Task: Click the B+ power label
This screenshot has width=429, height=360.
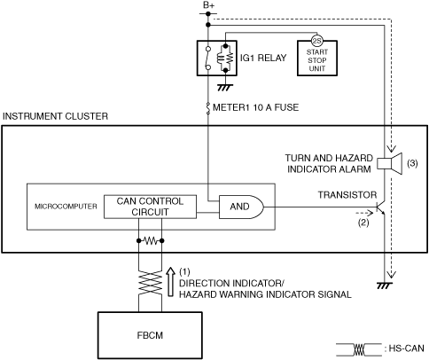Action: coord(208,5)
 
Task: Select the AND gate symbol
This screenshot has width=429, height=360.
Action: coord(241,207)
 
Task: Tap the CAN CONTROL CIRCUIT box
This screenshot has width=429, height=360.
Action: coord(150,207)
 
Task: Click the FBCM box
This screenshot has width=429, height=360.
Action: coord(150,335)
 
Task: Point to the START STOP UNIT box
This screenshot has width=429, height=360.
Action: coord(317,59)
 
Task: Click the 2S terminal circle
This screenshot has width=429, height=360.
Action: coord(317,41)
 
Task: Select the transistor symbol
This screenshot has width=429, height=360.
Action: coord(380,207)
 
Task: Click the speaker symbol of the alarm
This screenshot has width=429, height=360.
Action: coord(390,163)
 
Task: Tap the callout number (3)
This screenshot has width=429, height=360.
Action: coord(412,163)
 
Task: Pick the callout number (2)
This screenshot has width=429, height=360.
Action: coord(363,223)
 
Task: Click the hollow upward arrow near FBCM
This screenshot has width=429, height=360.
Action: coord(170,282)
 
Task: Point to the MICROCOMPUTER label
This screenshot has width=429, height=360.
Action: coord(66,207)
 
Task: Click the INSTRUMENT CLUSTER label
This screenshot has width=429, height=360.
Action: coord(55,116)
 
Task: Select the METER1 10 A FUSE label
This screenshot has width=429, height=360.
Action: coord(255,107)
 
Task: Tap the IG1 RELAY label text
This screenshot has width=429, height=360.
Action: coord(263,58)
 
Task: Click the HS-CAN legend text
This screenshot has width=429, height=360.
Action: coord(407,348)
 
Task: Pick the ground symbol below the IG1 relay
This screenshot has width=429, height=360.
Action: coord(225,88)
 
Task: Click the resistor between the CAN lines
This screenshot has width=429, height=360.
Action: coord(151,241)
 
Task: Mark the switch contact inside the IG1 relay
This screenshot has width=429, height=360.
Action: coord(208,58)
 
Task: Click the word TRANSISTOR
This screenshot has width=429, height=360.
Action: coord(347,195)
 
